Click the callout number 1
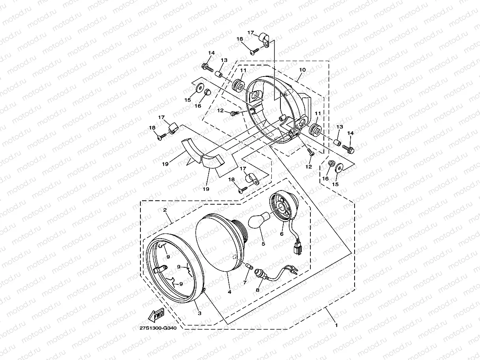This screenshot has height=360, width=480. [336, 325]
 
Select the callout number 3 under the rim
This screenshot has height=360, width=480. [199, 313]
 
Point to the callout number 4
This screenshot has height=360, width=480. [229, 292]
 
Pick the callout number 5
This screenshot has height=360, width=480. [263, 244]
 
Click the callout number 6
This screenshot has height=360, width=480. [282, 234]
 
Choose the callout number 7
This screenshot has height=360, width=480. [245, 283]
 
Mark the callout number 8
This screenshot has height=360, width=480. [258, 290]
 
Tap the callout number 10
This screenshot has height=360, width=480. [302, 69]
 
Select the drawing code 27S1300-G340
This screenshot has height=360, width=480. [158, 327]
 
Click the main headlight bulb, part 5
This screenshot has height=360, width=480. [258, 218]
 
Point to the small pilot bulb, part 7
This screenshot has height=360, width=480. [247, 268]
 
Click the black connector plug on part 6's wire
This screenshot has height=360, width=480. [296, 248]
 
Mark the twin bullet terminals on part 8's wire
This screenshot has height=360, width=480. [294, 271]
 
